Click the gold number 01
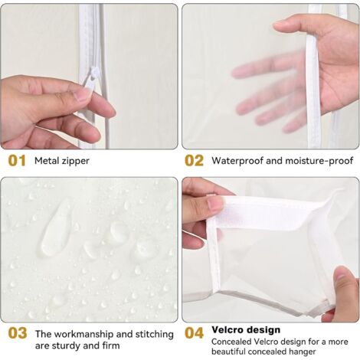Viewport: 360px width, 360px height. coord(17,161)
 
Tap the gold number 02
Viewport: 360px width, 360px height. coord(194,161)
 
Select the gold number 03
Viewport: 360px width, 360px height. coord(18,333)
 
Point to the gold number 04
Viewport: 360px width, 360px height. coord(194,333)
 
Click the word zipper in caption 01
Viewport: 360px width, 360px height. coord(75,162)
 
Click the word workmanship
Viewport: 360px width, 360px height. coord(84,335)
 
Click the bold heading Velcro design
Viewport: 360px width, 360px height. coord(246,330)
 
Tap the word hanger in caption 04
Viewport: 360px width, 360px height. coord(303,352)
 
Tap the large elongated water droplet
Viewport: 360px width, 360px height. coord(56,228)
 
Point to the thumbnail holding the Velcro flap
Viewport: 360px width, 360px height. coord(214,204)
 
